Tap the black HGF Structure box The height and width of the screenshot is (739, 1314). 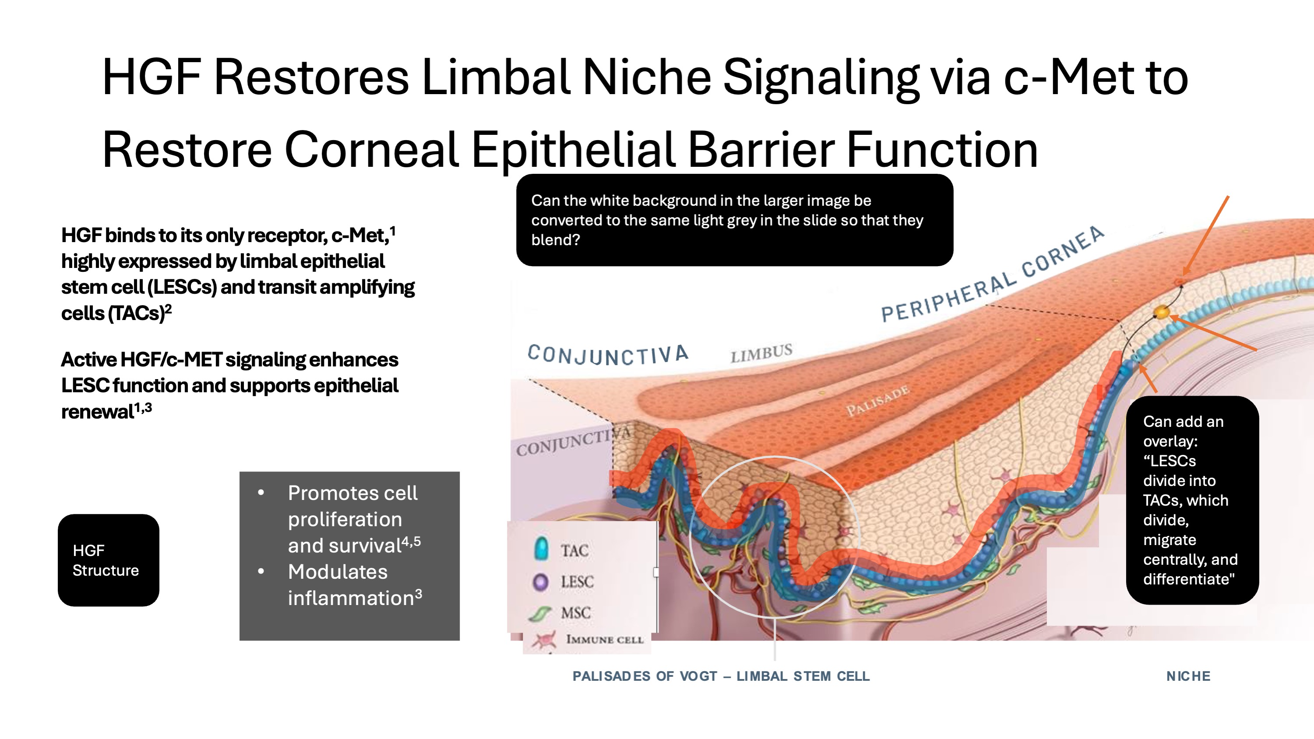pos(109,560)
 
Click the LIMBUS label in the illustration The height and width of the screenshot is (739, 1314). pos(761,352)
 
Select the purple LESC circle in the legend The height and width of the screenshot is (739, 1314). pos(540,581)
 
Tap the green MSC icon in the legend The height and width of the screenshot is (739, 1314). pos(540,613)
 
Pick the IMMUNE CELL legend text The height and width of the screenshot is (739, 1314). pos(605,640)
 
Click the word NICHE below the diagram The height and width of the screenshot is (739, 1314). pos(1188,676)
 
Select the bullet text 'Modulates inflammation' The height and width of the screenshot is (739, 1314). pos(355,585)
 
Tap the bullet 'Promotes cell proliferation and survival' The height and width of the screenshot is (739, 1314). pos(354,519)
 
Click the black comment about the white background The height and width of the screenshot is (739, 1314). pos(735,220)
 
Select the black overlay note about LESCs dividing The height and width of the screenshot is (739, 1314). pos(1193,500)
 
